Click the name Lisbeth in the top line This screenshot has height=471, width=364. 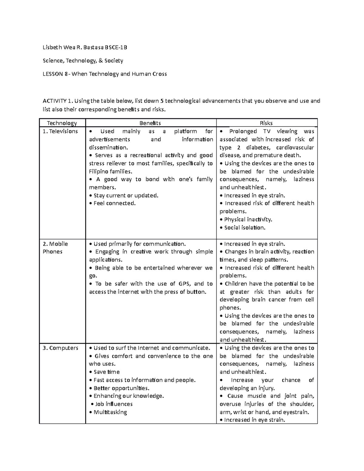coord(52,47)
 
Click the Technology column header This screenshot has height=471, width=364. coord(62,123)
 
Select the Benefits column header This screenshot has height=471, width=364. coord(150,123)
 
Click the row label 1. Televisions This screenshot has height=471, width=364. coord(60,131)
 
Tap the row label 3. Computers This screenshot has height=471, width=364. coord(60,348)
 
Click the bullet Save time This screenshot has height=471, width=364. coord(106,372)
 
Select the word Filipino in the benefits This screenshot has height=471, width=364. coord(98,171)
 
